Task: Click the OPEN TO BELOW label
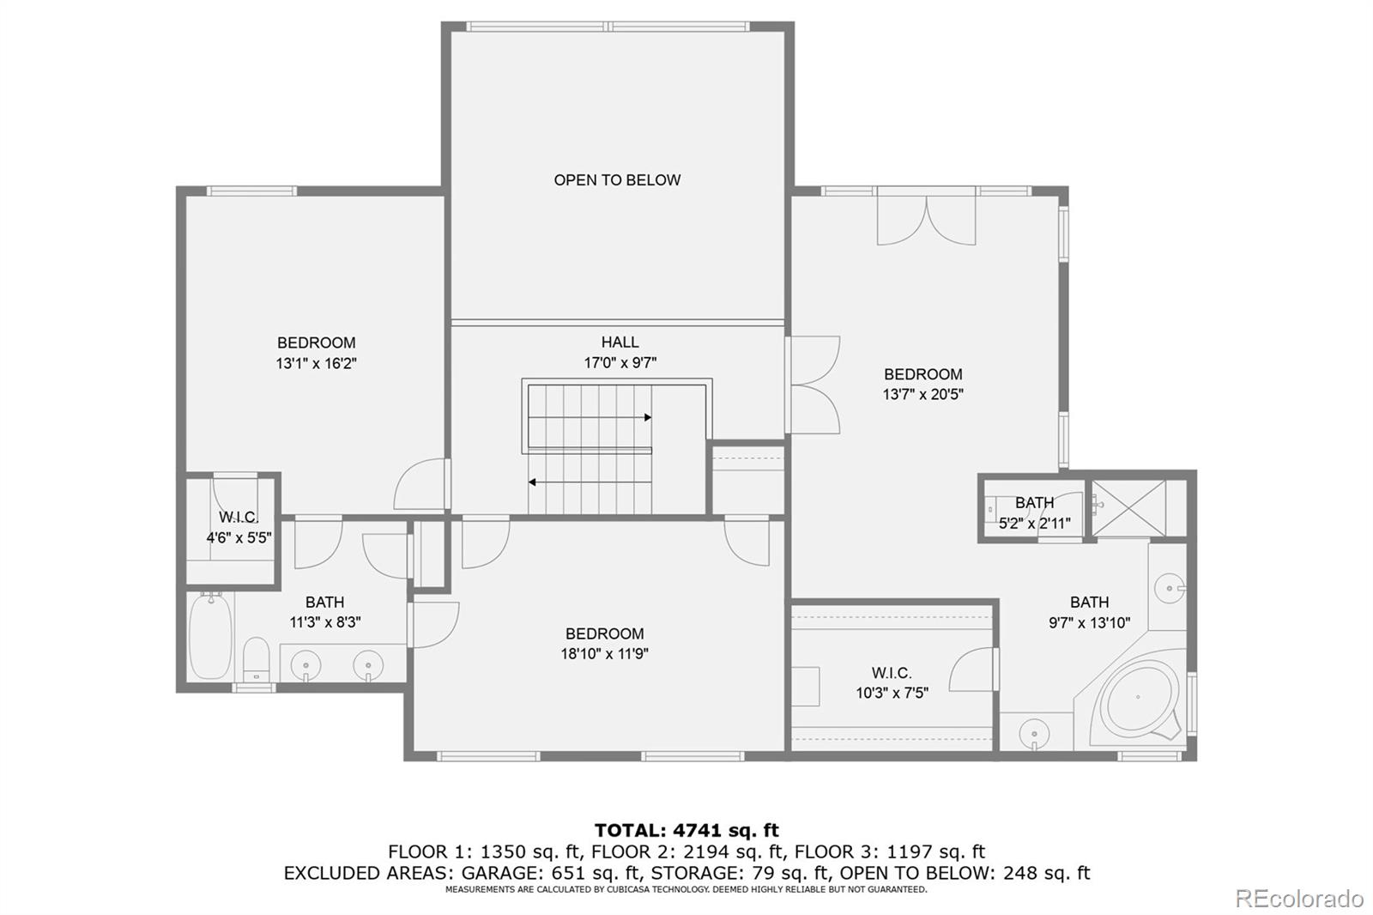click(617, 180)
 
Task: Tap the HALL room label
click(620, 342)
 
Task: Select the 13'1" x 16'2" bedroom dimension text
click(316, 363)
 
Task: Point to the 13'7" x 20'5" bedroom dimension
click(922, 395)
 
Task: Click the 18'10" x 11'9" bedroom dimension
click(604, 654)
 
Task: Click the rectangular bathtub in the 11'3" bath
click(210, 637)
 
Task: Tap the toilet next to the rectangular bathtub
click(257, 659)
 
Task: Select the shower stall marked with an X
click(1129, 509)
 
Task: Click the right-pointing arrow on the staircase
click(647, 418)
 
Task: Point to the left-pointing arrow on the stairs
click(533, 482)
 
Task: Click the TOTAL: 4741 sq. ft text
click(686, 830)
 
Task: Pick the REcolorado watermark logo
click(1299, 898)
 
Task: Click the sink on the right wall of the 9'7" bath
click(1169, 589)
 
